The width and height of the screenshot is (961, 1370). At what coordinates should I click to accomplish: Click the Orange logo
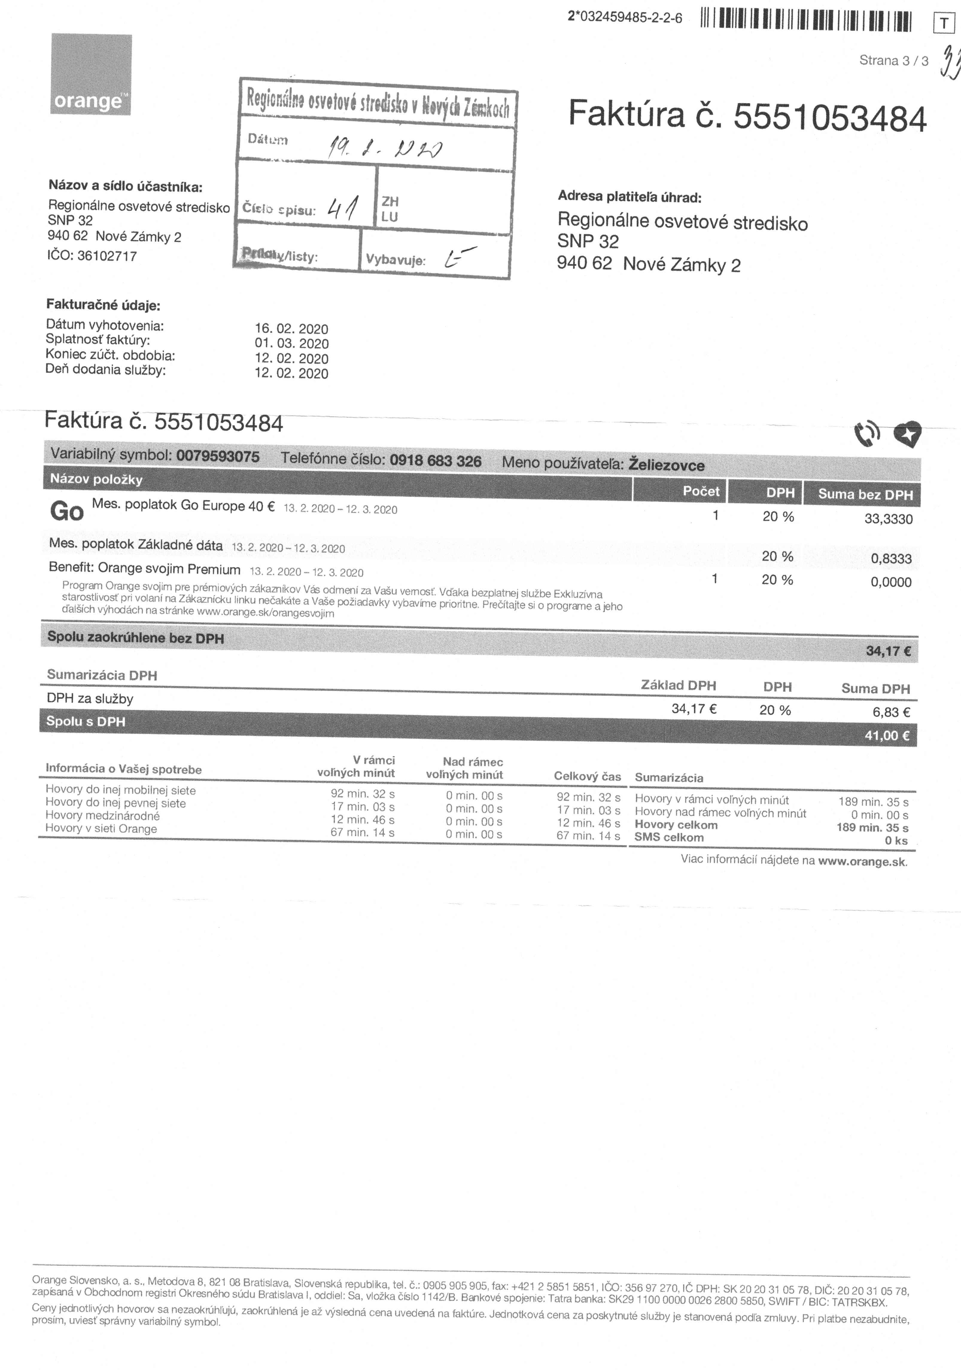point(91,74)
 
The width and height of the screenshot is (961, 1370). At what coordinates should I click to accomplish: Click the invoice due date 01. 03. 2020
point(291,344)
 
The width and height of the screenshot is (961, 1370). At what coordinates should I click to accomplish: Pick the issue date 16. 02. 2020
point(291,329)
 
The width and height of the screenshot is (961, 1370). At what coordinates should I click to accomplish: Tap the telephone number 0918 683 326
point(435,461)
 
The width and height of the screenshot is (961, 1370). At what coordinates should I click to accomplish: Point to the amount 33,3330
point(888,519)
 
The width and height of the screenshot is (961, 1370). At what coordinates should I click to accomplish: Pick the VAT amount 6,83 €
point(891,712)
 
